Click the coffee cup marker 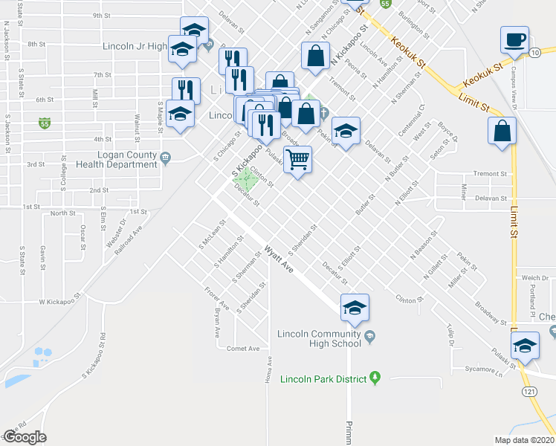(x=514, y=40)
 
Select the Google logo (x=24, y=437)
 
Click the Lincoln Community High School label (x=319, y=338)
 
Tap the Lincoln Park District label (x=323, y=379)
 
